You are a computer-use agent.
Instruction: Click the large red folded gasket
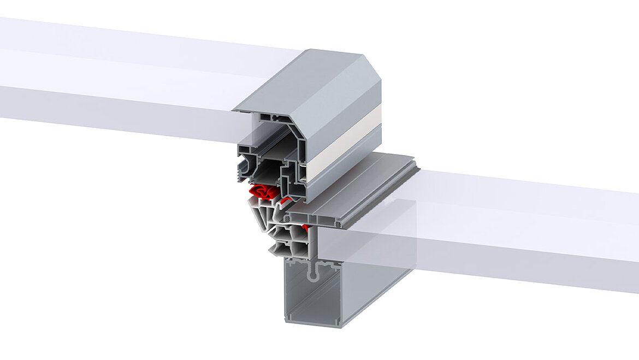[x=261, y=192]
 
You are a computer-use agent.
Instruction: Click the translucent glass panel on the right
[x=519, y=229]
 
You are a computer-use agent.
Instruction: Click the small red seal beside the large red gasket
[x=285, y=200]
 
